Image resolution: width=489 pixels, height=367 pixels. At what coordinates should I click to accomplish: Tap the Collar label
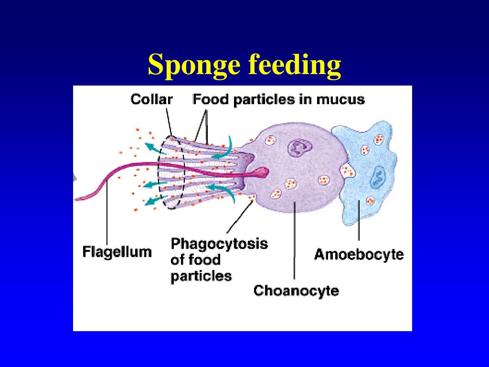[x=151, y=99]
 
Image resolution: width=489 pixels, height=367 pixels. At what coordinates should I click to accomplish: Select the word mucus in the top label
[x=340, y=99]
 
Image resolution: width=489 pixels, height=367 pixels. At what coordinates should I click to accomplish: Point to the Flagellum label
[x=117, y=251]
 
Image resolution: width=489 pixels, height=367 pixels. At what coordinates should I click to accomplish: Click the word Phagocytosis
[x=219, y=244]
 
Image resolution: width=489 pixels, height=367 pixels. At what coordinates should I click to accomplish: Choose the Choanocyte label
[x=296, y=290]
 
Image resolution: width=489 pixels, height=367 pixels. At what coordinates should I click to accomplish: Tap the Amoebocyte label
[x=359, y=254]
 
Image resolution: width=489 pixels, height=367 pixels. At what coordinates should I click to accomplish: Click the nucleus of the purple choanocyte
[x=298, y=148]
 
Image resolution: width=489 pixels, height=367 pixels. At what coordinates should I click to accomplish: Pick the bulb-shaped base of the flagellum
[x=262, y=172]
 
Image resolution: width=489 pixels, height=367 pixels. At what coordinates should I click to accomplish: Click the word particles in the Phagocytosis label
[x=201, y=276]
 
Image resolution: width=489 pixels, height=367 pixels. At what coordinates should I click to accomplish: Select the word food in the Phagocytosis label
[x=204, y=260]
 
